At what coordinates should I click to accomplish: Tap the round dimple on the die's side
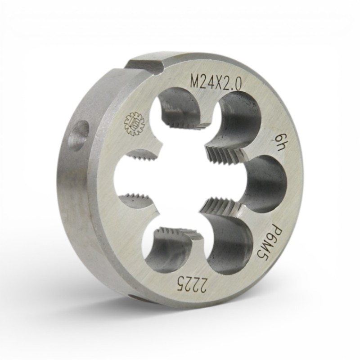80,136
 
